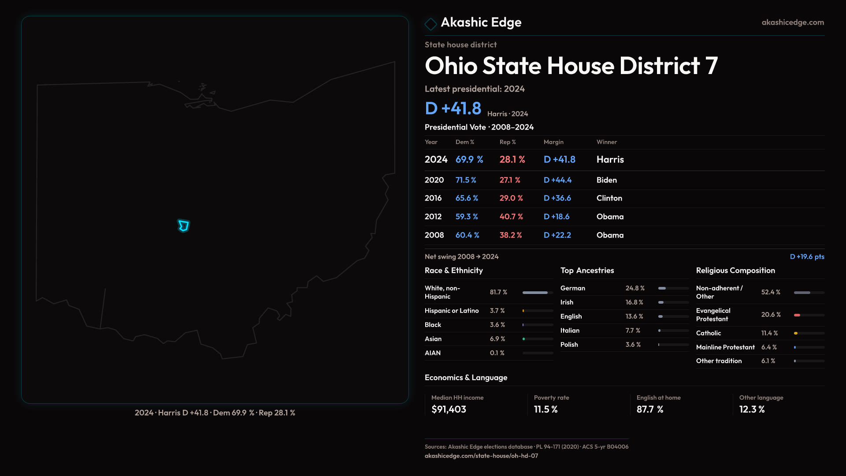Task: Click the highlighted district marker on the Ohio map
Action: coord(183,226)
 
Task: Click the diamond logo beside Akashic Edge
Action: coord(430,23)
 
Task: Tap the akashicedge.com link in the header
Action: coord(793,22)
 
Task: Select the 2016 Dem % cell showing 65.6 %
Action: coord(467,198)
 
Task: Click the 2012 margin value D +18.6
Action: coord(557,217)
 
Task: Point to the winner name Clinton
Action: coord(609,198)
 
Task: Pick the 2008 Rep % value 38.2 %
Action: coord(511,235)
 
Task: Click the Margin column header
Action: coord(553,142)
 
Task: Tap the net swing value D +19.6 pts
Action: coord(807,257)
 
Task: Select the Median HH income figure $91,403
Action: coord(449,409)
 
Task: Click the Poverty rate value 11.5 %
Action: coord(545,409)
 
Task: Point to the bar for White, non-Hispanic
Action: coord(535,293)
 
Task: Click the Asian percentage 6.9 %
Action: coord(497,339)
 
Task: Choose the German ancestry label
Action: coord(573,288)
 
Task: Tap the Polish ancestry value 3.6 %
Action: coord(633,345)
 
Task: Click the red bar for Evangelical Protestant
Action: coord(797,315)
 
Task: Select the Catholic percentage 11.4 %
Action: coord(769,333)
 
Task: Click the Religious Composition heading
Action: coord(735,271)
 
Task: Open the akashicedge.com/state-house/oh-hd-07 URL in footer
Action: coord(481,456)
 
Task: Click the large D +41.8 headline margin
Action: coord(453,108)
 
